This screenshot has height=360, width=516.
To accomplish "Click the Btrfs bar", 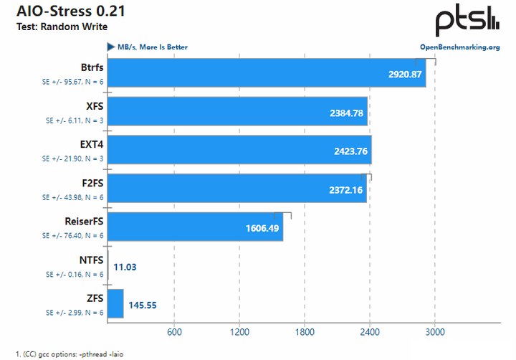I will coord(267,72).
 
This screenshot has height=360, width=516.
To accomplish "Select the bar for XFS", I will coord(237,111).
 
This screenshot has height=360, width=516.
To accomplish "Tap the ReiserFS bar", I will coord(195,227).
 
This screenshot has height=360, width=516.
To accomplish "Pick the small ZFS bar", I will coord(115,303).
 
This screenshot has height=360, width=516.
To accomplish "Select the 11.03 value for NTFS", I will coord(125,267).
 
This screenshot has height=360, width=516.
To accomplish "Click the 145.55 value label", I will coord(142,305).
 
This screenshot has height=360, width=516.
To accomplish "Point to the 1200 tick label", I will coord(239,332).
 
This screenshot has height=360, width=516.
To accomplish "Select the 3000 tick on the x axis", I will coord(435,332).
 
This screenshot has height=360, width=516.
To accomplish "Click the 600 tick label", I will coord(173,332).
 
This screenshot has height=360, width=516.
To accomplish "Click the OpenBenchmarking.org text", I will coord(459,47).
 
